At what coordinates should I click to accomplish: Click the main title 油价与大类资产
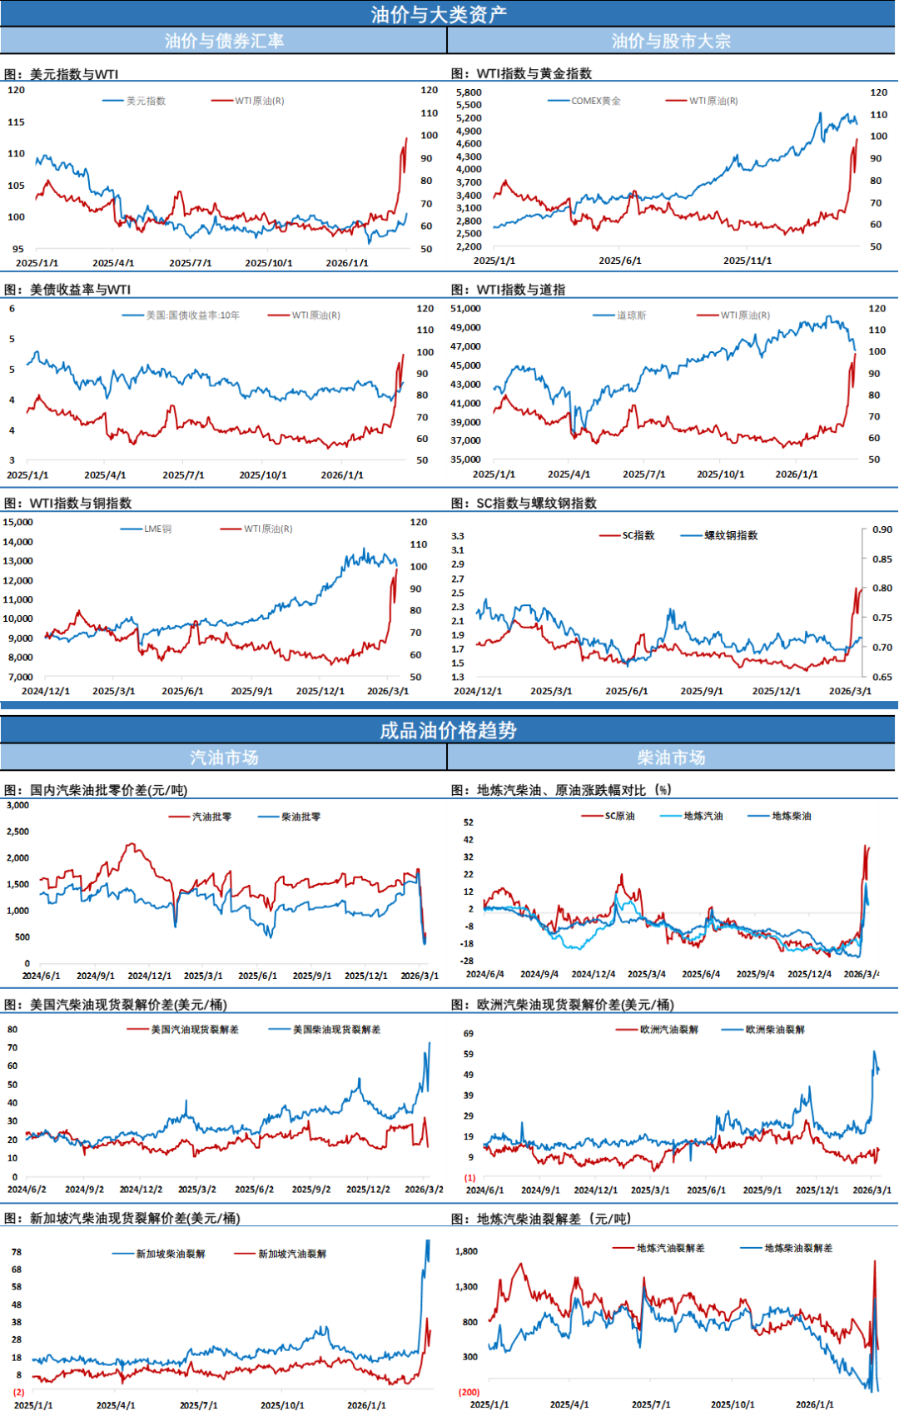tap(439, 14)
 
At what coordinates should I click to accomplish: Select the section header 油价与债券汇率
tap(224, 41)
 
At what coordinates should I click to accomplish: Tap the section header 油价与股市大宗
tap(671, 41)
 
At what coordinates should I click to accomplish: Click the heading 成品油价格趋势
tap(448, 730)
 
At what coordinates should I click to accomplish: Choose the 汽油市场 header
tap(224, 758)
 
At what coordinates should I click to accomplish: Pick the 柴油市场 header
tap(671, 758)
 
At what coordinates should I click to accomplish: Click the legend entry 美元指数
tap(146, 101)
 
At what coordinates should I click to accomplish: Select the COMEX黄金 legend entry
tap(595, 101)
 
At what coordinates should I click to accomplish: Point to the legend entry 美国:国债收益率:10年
tap(192, 315)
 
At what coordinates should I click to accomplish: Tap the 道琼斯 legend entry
tap(631, 315)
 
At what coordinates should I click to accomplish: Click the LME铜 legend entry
tap(157, 529)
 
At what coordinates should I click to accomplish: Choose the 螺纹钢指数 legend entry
tap(731, 535)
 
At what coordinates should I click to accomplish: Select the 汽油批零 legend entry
tap(211, 817)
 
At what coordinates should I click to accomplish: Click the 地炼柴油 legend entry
tap(791, 816)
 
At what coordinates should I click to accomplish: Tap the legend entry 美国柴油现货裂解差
tap(336, 1030)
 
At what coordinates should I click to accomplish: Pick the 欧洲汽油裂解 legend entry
tap(668, 1030)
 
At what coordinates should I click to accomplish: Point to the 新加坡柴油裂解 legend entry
tap(170, 1254)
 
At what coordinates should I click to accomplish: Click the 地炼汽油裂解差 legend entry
tap(670, 1248)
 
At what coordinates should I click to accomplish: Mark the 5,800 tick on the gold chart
tap(469, 92)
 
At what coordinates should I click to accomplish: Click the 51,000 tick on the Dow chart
tap(465, 308)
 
